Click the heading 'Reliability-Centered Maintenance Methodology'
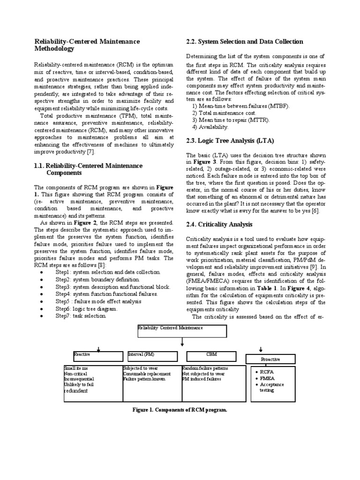tap(87, 45)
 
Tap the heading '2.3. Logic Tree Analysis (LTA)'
tap(230, 141)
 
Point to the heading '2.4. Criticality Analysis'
tap(219, 225)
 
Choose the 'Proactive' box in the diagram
tap(270, 359)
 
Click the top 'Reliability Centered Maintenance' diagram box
tap(182, 331)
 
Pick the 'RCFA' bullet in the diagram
tap(268, 372)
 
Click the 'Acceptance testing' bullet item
tap(272, 387)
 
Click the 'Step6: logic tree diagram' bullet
tap(87, 309)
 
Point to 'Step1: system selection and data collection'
tap(108, 272)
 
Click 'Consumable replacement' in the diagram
tap(146, 374)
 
